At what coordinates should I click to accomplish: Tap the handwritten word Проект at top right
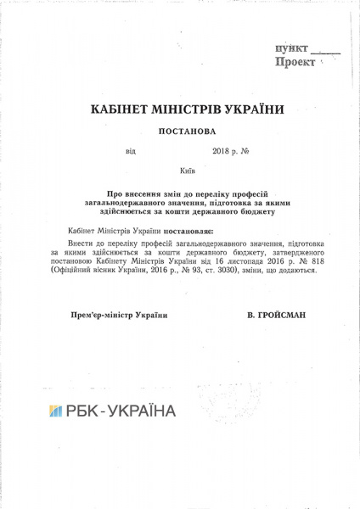295,63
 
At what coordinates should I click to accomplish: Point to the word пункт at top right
291,49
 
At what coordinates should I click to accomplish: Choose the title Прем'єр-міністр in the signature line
102,315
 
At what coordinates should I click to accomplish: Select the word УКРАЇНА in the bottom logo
142,411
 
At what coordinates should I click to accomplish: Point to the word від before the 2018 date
130,152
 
